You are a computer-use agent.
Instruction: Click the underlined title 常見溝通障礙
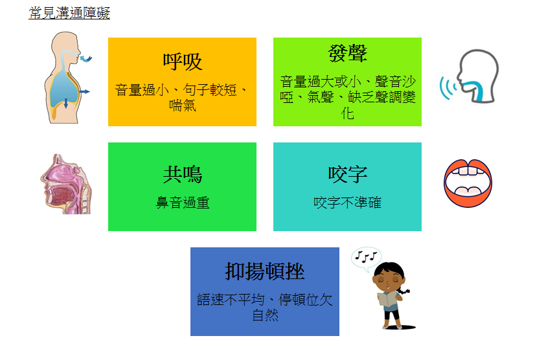[x=69, y=13]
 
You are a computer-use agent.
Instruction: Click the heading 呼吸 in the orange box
[x=183, y=62]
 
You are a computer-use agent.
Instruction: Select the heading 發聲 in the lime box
[x=347, y=53]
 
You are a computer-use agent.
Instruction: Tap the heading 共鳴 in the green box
[x=183, y=174]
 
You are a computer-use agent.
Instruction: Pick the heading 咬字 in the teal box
[x=347, y=174]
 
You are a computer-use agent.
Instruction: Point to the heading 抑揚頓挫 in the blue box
[x=265, y=272]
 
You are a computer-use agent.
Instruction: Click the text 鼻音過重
[x=183, y=203]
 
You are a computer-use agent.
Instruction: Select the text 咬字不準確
[x=347, y=203]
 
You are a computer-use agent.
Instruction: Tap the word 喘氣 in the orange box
[x=183, y=106]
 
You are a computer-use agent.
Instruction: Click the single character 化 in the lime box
[x=347, y=113]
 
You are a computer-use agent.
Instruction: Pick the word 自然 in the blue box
[x=265, y=315]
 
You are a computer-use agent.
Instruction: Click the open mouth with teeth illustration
[x=468, y=183]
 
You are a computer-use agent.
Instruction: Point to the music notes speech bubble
[x=366, y=258]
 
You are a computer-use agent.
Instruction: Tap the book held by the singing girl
[x=387, y=299]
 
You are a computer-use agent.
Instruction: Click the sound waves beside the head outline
[x=448, y=87]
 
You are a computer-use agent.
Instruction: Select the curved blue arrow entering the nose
[x=86, y=59]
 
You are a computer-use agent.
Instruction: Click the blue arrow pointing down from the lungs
[x=66, y=103]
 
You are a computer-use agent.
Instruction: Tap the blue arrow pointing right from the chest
[x=85, y=91]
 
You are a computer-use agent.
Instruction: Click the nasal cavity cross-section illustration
[x=66, y=185]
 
